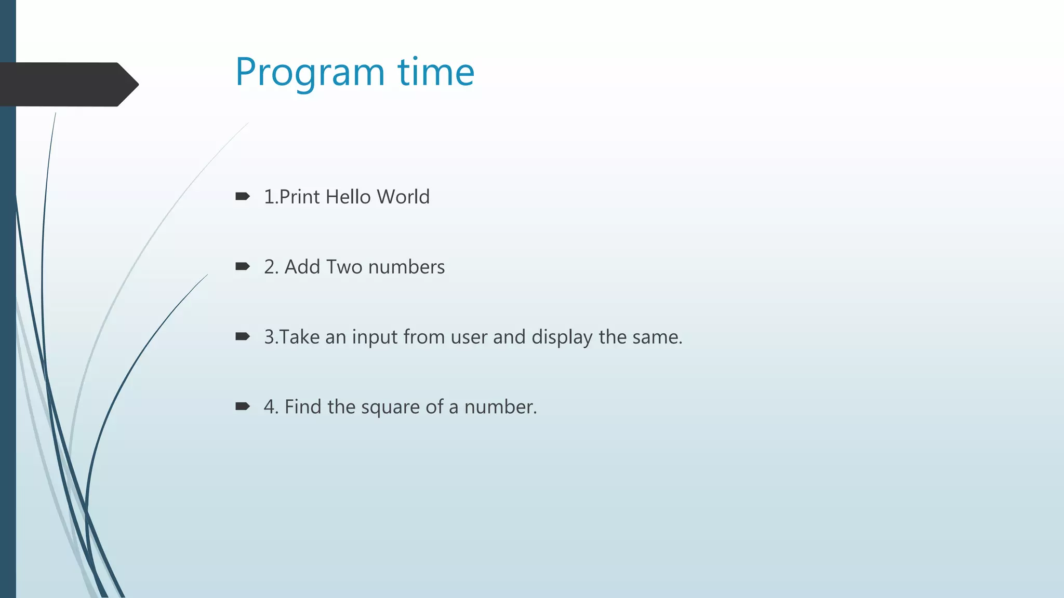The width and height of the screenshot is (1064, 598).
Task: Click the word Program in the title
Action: [310, 72]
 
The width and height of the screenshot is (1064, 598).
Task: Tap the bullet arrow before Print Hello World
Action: [243, 196]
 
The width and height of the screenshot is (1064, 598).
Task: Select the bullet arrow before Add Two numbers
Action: [243, 266]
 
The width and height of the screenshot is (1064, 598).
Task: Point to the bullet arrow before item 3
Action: [243, 336]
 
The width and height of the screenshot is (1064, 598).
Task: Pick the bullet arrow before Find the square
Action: [243, 406]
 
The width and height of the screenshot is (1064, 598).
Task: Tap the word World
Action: [403, 197]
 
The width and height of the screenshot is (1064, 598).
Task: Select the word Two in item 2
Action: [344, 267]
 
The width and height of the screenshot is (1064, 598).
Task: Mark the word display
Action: [562, 337]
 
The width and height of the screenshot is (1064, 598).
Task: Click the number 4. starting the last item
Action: [271, 406]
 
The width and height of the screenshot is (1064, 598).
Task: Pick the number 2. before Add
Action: [271, 267]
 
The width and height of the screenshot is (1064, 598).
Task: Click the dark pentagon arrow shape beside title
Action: [68, 84]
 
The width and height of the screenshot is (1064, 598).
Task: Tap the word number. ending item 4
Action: [500, 407]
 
